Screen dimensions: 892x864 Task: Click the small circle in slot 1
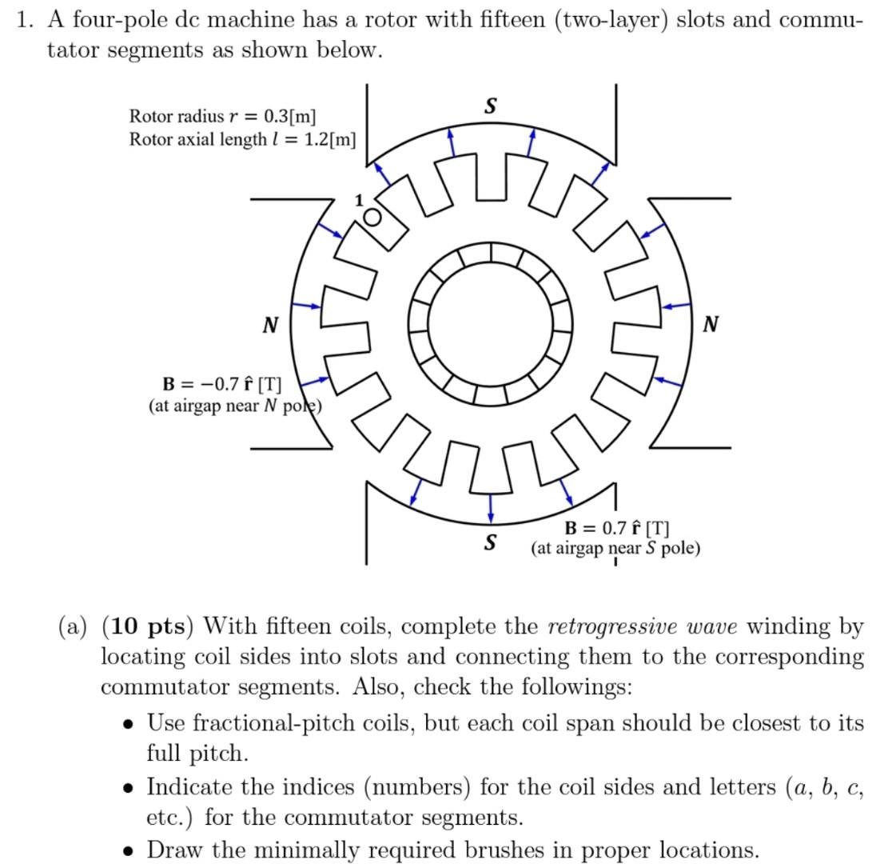coord(372,217)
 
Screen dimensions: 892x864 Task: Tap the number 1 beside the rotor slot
coord(359,199)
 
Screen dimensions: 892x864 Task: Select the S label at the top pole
coord(491,106)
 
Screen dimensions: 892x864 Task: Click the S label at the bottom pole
coord(489,542)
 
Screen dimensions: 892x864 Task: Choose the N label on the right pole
coord(711,323)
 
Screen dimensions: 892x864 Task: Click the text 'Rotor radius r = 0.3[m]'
coord(223,116)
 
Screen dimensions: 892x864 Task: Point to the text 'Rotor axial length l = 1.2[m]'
coord(242,139)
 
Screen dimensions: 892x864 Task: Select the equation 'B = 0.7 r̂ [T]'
coord(617,528)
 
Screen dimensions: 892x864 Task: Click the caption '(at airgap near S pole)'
coord(615,548)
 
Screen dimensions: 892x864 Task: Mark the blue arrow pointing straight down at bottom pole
coord(490,507)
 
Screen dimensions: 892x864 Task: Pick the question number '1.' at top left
coord(26,19)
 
